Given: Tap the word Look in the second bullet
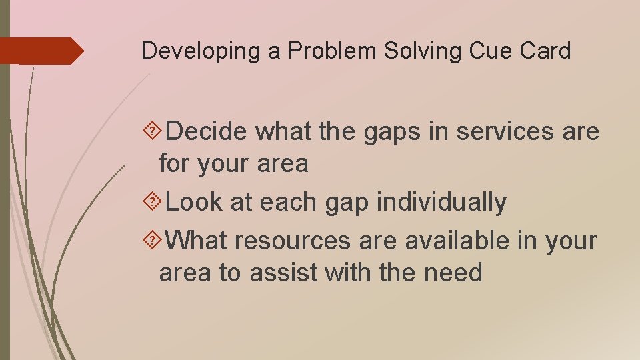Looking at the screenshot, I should [194, 202].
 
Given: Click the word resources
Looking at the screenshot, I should [293, 241].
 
